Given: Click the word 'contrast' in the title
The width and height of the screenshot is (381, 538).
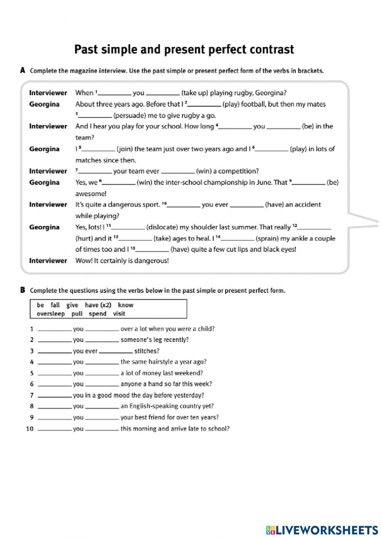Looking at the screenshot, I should (272, 50).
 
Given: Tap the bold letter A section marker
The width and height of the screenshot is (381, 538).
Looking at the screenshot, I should (22, 70).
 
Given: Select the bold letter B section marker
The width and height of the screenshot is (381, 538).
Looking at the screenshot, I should (22, 291).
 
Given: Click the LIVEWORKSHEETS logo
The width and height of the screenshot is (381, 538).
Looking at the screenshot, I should (322, 530).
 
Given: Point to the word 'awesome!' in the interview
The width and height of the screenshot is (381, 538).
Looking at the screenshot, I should (91, 194).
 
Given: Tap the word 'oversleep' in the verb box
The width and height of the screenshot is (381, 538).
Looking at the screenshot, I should (51, 314).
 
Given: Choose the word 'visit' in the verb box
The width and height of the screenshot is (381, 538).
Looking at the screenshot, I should (119, 314).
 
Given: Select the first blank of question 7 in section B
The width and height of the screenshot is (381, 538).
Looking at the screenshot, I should (55, 396).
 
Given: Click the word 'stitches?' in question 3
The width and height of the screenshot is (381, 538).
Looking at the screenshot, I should (147, 351).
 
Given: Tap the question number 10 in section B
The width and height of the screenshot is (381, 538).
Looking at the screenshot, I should (30, 429).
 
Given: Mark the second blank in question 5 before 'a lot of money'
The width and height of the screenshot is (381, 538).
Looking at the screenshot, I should (102, 374).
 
